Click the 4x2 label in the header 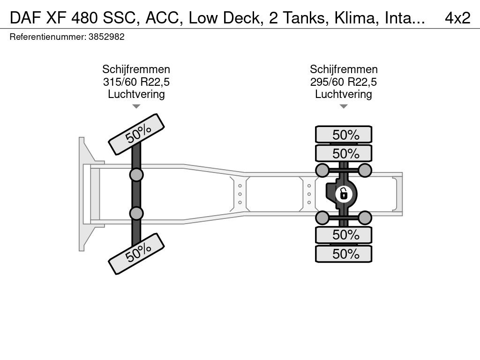(x=457, y=17)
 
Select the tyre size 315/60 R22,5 (x=136, y=82)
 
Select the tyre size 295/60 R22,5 (x=343, y=82)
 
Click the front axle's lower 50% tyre (x=137, y=254)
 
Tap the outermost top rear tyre (x=344, y=135)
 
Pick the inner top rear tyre (x=344, y=153)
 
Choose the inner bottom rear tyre (x=344, y=234)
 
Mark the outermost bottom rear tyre (x=344, y=254)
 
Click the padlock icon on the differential (x=344, y=193)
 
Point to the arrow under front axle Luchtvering (x=136, y=106)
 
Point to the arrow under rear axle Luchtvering (x=343, y=106)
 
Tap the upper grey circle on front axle (x=136, y=175)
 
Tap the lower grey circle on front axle (x=136, y=213)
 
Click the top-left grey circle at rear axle (x=322, y=170)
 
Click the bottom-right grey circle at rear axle (x=365, y=217)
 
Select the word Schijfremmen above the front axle (x=136, y=70)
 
